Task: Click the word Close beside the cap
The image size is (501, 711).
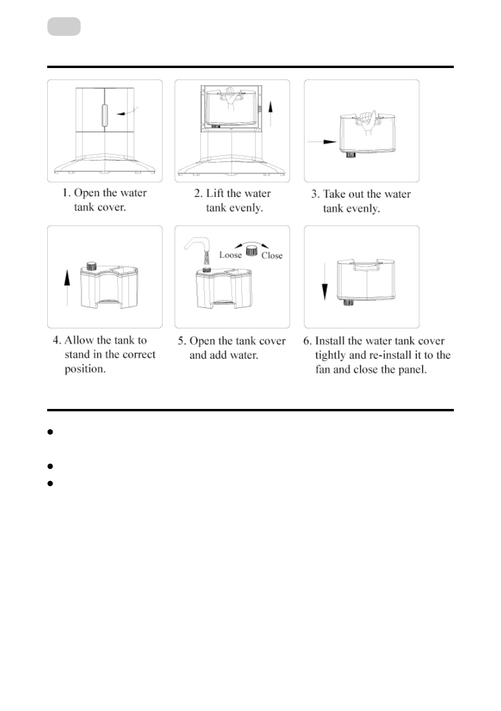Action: pos(272,255)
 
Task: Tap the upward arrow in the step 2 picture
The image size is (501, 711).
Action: pos(270,113)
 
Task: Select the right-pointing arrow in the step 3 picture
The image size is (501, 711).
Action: pos(320,141)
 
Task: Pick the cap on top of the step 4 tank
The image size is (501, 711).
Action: pos(92,265)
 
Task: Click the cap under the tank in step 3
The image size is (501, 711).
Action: pos(350,155)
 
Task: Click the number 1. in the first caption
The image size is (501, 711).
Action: pos(67,193)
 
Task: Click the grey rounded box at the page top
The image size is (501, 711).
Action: pos(63,27)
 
